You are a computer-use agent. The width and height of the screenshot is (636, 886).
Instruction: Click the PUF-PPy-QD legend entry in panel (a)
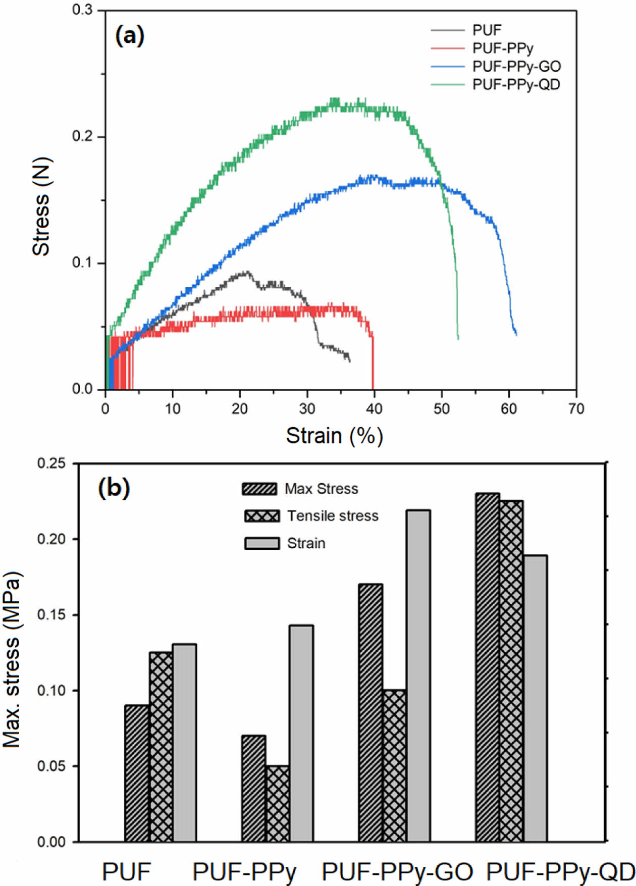pyautogui.click(x=516, y=85)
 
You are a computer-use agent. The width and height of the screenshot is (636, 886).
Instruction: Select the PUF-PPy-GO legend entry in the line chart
pyautogui.click(x=516, y=67)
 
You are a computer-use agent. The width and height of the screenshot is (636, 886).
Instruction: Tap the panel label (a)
pyautogui.click(x=130, y=36)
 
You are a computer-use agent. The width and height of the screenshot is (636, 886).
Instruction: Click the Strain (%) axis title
pyautogui.click(x=334, y=436)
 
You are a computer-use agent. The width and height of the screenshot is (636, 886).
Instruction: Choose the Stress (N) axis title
pyautogui.click(x=41, y=207)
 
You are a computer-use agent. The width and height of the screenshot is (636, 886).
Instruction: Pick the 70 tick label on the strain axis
pyautogui.click(x=576, y=408)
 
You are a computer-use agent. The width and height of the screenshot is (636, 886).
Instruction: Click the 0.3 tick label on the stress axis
pyautogui.click(x=83, y=11)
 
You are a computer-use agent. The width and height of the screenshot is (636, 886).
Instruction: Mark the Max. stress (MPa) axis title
pyautogui.click(x=12, y=660)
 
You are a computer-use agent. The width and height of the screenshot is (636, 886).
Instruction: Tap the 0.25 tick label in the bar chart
pyautogui.click(x=51, y=463)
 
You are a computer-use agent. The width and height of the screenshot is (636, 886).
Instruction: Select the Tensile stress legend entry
pyautogui.click(x=333, y=516)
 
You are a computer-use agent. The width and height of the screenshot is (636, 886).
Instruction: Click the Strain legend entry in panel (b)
pyautogui.click(x=306, y=543)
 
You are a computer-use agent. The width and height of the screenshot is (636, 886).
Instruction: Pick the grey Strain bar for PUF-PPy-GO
pyautogui.click(x=418, y=676)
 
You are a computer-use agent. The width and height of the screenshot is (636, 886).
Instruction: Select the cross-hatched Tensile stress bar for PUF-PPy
pyautogui.click(x=277, y=804)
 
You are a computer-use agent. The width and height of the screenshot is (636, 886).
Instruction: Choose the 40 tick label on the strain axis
pyautogui.click(x=374, y=408)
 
